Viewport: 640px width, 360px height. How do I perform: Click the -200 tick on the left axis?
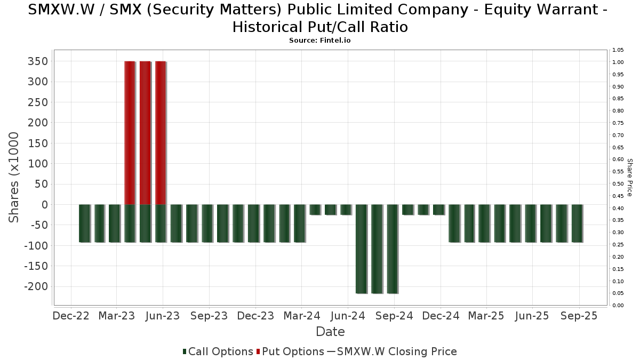pos(36,286)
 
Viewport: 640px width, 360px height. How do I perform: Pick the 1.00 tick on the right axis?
pos(618,62)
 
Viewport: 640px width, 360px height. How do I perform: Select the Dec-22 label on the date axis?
pos(71,316)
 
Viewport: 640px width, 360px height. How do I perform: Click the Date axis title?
pos(330,332)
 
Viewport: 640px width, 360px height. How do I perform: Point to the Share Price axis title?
pos(629,177)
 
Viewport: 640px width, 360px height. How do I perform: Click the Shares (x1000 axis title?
pos(14,177)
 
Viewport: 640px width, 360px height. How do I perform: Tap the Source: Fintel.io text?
pos(320,41)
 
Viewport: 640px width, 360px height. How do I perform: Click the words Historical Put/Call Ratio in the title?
pos(320,27)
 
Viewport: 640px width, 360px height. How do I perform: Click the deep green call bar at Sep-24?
pos(393,249)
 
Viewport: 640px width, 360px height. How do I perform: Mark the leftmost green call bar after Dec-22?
pos(84,223)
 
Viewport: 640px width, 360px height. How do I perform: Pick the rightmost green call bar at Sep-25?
pos(577,223)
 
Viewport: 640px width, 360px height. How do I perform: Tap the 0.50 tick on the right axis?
pos(618,183)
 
